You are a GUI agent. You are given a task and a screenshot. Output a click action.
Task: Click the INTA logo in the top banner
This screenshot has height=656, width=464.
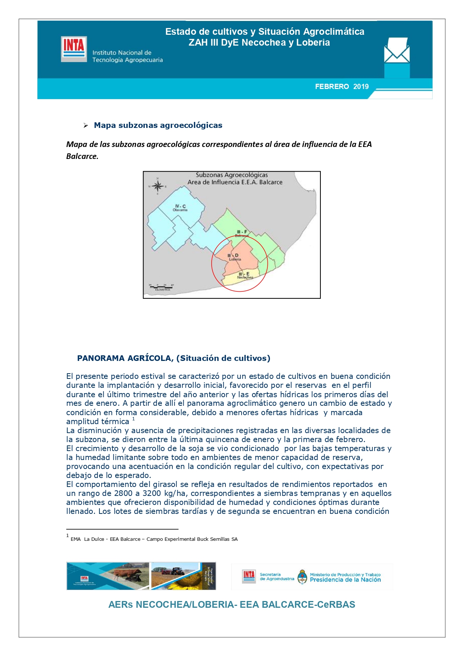(74, 49)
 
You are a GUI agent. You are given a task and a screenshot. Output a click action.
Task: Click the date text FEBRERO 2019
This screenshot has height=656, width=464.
(341, 87)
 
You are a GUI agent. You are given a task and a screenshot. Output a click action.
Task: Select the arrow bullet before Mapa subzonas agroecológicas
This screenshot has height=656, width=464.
(86, 126)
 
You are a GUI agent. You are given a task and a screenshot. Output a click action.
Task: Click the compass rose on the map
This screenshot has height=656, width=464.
(157, 186)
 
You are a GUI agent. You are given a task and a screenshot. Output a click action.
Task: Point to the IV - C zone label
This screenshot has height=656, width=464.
(180, 206)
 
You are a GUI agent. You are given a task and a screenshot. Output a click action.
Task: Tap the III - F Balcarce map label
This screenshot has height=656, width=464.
(242, 233)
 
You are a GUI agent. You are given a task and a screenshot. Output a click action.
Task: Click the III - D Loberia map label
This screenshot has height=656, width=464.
(234, 257)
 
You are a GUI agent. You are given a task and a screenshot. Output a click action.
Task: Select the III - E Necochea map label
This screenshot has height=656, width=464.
(244, 275)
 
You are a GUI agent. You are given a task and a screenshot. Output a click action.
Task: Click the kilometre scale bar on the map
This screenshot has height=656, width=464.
(161, 287)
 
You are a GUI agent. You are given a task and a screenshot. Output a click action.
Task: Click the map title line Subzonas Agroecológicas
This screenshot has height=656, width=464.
(232, 175)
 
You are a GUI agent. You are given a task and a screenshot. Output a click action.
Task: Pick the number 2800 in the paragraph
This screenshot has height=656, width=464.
(123, 493)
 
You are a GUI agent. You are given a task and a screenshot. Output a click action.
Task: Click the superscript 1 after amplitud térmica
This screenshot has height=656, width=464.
(133, 419)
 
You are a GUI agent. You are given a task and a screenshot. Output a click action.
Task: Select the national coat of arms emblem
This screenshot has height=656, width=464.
(302, 577)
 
